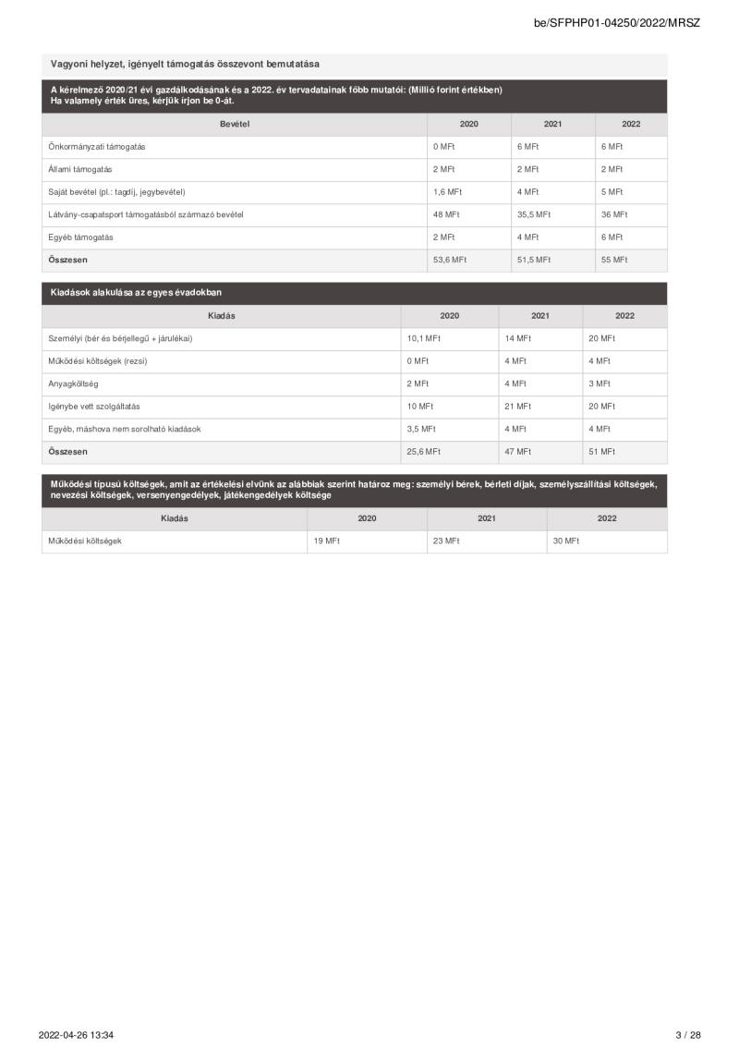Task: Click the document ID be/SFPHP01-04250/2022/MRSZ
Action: click(616, 22)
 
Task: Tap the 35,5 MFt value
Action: click(533, 214)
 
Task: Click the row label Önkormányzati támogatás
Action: click(97, 147)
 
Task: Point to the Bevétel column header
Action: click(235, 124)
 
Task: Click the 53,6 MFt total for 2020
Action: click(449, 260)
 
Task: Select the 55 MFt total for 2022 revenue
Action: click(613, 260)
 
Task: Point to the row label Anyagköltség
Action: click(73, 383)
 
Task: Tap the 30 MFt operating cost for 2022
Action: click(565, 541)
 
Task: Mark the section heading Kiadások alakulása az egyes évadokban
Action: click(136, 293)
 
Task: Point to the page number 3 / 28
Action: click(687, 1034)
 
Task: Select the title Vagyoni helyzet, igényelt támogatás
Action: click(184, 64)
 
